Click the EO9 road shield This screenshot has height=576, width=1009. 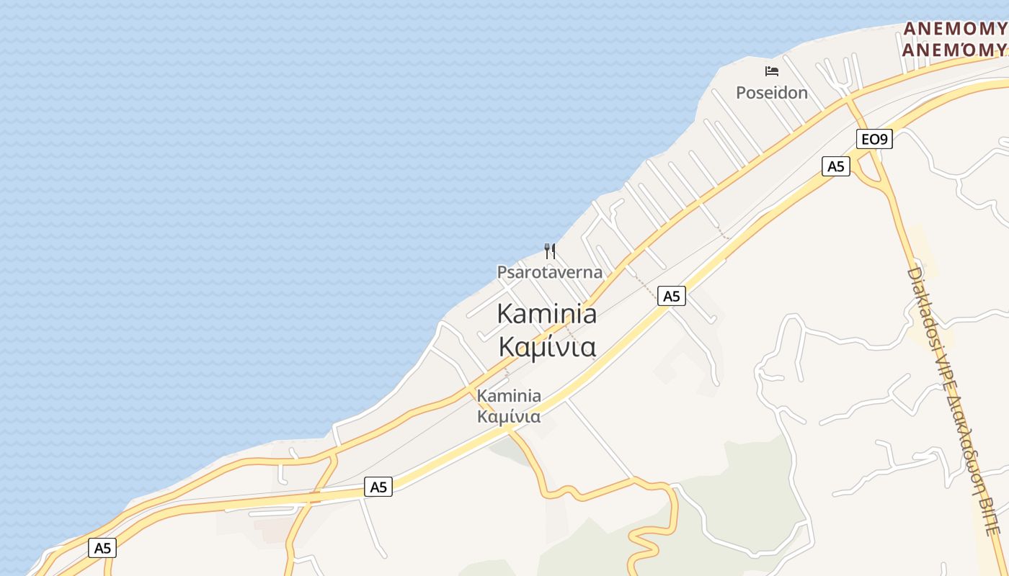(x=874, y=139)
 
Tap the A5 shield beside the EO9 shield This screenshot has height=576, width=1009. (x=835, y=166)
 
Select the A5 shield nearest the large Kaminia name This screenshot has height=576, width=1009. (x=671, y=296)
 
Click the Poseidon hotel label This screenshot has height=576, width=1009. (x=771, y=93)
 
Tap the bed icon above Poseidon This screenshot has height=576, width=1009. (x=772, y=71)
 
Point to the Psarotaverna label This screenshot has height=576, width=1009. (x=549, y=272)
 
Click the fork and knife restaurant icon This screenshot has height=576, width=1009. (x=550, y=251)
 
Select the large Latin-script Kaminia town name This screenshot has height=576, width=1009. (x=547, y=314)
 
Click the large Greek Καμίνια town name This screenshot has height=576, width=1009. (x=547, y=347)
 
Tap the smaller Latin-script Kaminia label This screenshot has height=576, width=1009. (x=509, y=396)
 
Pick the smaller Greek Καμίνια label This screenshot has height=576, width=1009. (x=509, y=417)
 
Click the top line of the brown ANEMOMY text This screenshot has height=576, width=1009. (x=955, y=29)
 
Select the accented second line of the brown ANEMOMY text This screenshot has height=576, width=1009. (x=955, y=49)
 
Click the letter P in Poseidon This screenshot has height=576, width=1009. (x=741, y=93)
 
